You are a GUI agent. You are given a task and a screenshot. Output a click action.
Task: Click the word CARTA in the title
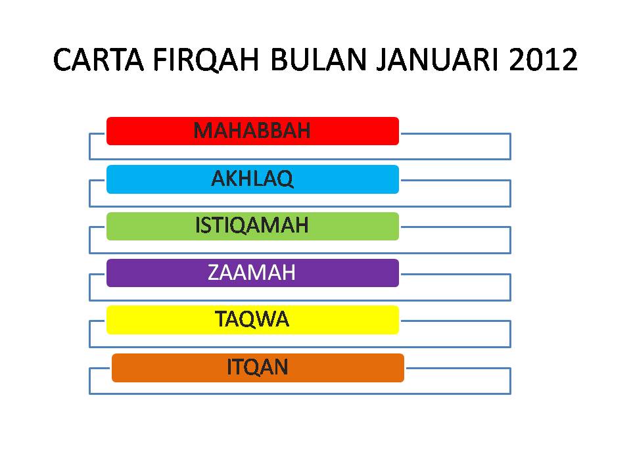pos(99,60)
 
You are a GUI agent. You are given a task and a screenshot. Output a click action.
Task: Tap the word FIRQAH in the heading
pos(206,60)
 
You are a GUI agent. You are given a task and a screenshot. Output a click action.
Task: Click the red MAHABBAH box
pos(252,131)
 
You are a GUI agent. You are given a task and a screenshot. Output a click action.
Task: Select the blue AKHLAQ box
pos(252,179)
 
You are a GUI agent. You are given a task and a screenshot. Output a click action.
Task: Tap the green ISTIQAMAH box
pos(252,227)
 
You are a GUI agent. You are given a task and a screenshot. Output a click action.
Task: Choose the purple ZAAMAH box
pos(252,273)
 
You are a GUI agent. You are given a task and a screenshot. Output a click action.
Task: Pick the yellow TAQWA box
pos(252,320)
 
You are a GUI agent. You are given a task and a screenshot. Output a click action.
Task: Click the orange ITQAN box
pos(258,368)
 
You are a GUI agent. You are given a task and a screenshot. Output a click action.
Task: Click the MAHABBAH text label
pos(252,131)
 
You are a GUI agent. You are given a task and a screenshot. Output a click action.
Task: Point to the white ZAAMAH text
pos(252,272)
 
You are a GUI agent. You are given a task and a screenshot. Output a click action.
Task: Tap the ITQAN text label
pos(258,367)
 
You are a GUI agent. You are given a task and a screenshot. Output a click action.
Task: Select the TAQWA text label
pos(252,319)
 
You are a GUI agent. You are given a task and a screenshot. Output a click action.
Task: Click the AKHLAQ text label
pos(252,179)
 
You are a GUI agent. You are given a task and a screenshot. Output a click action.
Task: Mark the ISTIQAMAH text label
pos(252,225)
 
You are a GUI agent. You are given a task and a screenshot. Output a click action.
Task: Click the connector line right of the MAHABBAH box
pos(456,133)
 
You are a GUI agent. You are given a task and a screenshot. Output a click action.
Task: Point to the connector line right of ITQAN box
pos(458,368)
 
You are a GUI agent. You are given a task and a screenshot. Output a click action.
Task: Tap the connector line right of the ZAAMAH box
pos(456,275)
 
